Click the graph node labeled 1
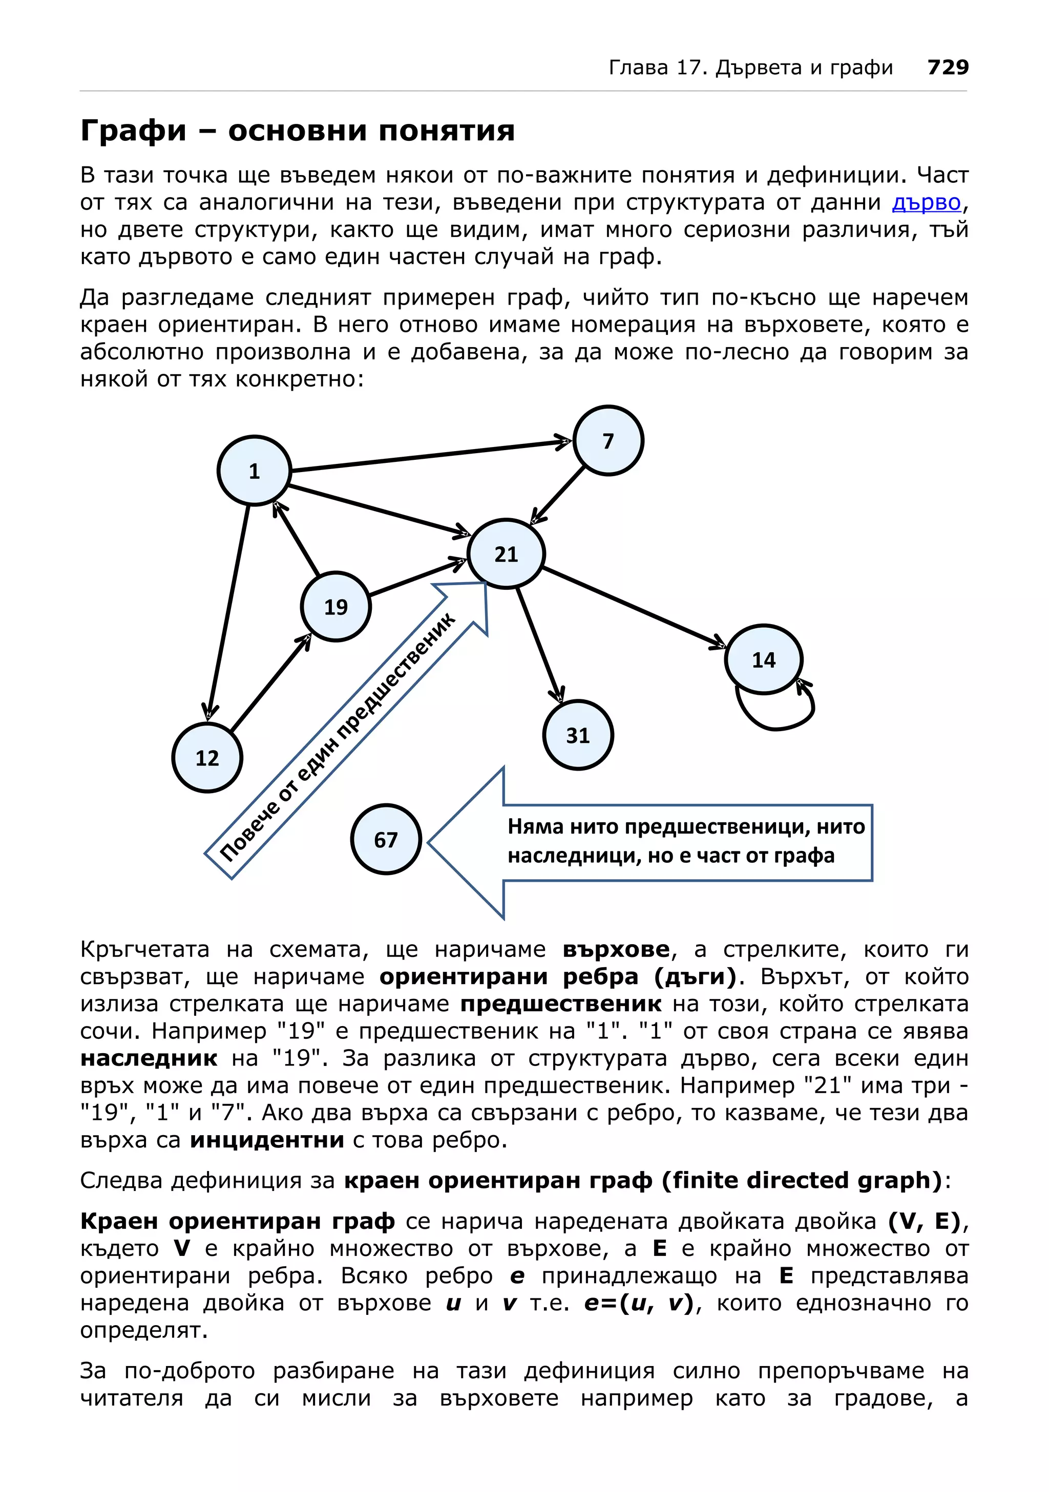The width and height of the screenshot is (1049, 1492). [254, 471]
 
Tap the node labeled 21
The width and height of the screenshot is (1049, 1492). [506, 553]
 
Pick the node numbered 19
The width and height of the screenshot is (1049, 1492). [336, 606]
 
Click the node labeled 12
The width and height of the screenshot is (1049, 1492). [207, 757]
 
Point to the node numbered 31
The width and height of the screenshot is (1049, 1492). [578, 735]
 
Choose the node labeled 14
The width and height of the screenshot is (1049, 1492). [764, 659]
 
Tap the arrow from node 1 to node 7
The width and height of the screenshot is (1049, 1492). [429, 456]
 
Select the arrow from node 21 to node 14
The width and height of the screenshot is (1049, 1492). [634, 607]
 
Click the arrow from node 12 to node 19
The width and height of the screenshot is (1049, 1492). [270, 684]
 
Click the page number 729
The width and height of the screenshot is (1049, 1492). [948, 67]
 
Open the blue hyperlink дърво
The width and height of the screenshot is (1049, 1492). [926, 203]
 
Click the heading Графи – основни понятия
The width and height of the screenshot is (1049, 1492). [297, 131]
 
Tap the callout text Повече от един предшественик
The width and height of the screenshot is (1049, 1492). [338, 738]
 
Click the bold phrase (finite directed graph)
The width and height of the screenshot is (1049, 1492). [802, 1180]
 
